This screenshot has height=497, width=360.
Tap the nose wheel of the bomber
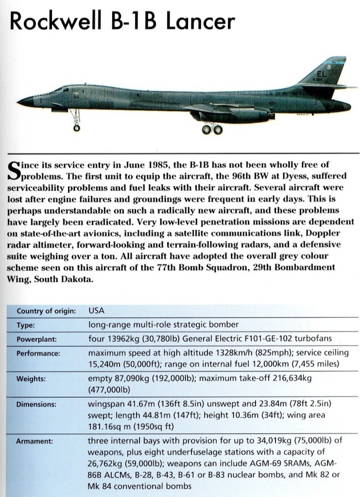tap(76, 128)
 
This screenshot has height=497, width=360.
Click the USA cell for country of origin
tap(97, 310)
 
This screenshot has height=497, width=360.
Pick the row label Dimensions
tap(36, 404)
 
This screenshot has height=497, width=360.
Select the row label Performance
tap(38, 354)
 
